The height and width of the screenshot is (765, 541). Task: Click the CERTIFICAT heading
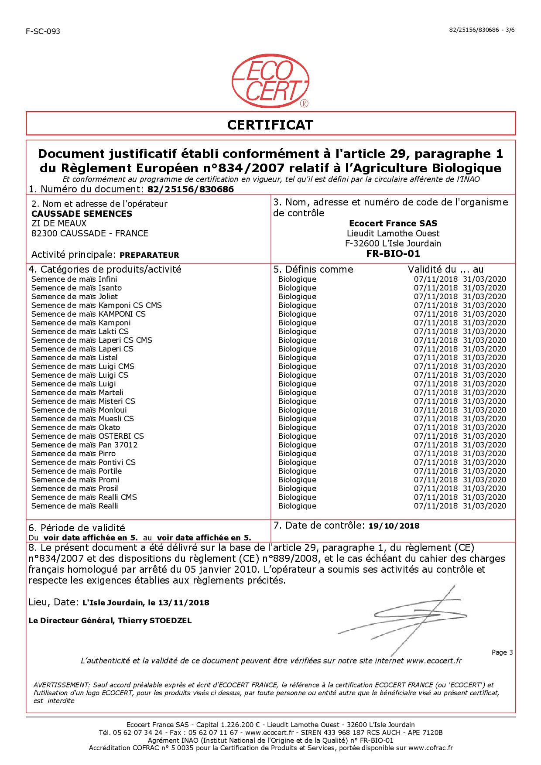click(x=270, y=125)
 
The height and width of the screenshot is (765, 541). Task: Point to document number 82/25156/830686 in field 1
click(x=191, y=189)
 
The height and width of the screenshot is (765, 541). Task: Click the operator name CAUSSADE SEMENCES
click(x=82, y=214)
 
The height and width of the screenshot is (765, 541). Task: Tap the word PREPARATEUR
click(x=149, y=255)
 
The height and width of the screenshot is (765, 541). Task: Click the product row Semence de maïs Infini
click(x=74, y=279)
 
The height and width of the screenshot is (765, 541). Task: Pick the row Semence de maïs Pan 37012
click(x=85, y=445)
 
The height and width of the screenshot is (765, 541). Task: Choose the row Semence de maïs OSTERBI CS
click(x=88, y=436)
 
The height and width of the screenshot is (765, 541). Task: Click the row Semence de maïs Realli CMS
click(x=84, y=497)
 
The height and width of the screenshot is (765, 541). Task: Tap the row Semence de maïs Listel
click(x=75, y=358)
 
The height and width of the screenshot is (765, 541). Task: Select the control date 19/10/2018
click(x=394, y=526)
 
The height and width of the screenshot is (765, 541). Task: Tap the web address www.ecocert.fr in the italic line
click(x=434, y=661)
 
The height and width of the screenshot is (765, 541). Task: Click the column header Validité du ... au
click(x=445, y=269)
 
